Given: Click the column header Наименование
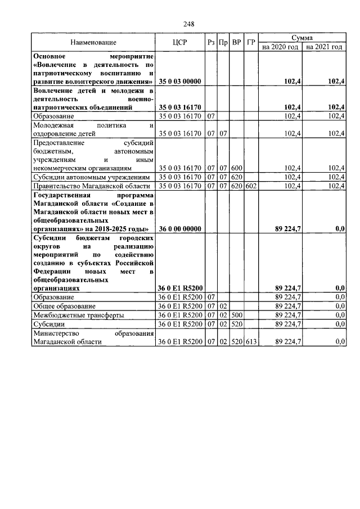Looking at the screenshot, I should [x=93, y=42].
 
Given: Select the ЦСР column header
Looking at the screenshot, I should [x=180, y=42].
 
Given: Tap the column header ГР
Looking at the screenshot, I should [x=251, y=42].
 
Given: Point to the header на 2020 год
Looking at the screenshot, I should [x=281, y=47].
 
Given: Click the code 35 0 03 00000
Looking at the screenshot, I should [x=180, y=82].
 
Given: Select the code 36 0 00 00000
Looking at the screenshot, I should [x=180, y=229].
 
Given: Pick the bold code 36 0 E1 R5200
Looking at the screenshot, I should [x=180, y=288].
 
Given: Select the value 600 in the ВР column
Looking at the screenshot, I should [x=237, y=168].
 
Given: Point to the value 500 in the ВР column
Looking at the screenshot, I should [x=237, y=315].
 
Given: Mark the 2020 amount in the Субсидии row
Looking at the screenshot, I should [x=287, y=324].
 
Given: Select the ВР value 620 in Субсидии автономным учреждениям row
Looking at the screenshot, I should [x=237, y=177].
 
